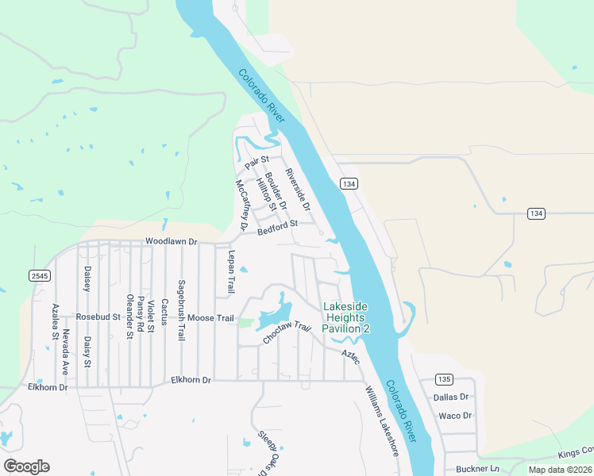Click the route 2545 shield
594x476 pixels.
39,275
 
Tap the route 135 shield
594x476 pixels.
444,378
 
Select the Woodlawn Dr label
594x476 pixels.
170,240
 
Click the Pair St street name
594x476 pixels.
257,162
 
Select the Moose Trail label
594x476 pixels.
210,319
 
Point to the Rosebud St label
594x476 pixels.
98,317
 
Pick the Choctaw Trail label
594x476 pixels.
286,333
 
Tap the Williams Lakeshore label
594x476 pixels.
382,421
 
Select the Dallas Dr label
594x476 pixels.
452,397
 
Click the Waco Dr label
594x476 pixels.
455,415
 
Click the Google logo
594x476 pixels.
26,466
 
